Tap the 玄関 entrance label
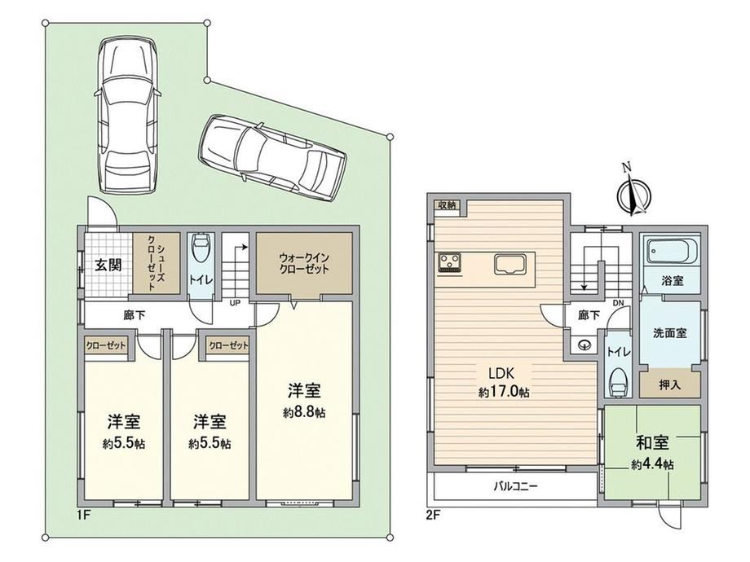point(108,266)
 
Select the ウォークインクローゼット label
point(304,263)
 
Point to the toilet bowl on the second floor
point(619,382)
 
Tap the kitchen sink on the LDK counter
point(510,264)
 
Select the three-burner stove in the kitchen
point(450,262)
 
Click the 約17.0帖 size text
point(504,393)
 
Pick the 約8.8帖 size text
point(304,412)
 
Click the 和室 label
point(652,443)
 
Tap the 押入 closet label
point(669,384)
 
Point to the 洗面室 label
point(670,333)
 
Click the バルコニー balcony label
point(515,487)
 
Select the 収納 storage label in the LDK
point(448,205)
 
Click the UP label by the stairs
point(236,302)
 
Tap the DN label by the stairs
point(619,303)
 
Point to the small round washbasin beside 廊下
point(583,344)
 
